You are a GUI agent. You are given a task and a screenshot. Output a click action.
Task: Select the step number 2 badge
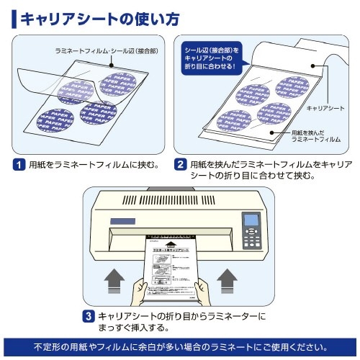181,163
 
